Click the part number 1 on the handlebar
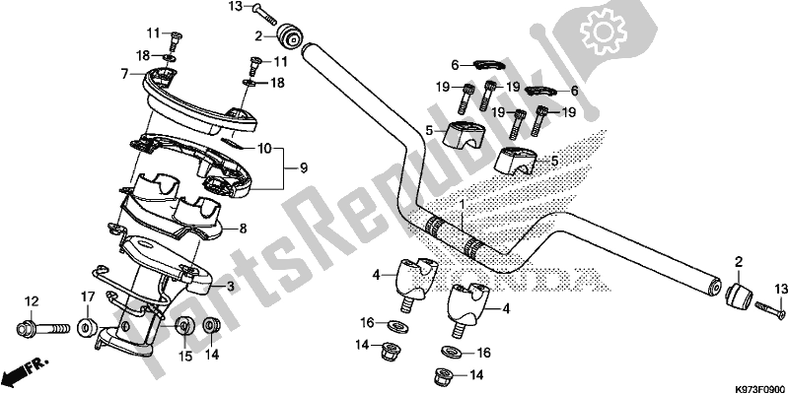459,203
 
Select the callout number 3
231,287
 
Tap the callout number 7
124,74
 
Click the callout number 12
31,301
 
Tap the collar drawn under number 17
88,326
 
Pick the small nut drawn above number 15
183,326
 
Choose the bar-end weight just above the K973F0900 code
740,296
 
